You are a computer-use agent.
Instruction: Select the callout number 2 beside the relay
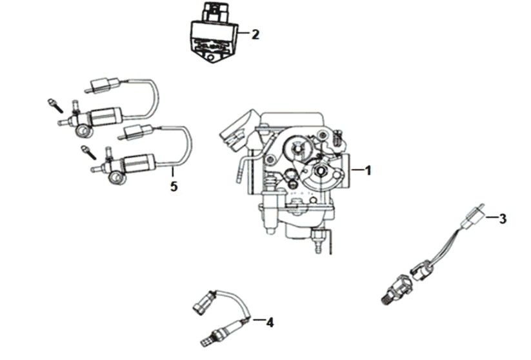[255, 34]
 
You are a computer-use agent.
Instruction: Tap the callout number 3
[502, 219]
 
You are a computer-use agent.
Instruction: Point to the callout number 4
[270, 322]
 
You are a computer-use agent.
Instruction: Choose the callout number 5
[173, 186]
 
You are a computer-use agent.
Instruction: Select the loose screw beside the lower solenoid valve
[86, 152]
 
